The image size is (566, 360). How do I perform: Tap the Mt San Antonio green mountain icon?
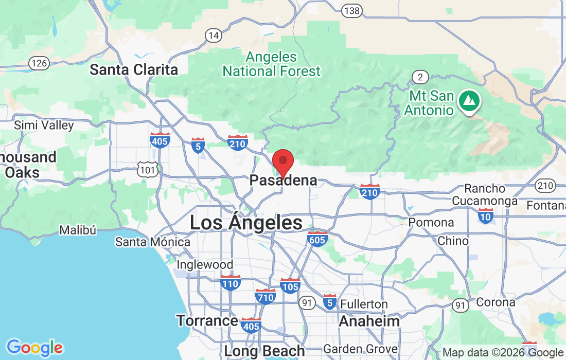pyautogui.click(x=469, y=100)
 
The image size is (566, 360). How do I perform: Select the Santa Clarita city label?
pyautogui.click(x=134, y=70)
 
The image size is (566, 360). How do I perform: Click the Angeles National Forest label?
pyautogui.click(x=272, y=64)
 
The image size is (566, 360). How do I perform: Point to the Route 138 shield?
pyautogui.click(x=352, y=10)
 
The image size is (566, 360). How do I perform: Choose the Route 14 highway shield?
pyautogui.click(x=213, y=35)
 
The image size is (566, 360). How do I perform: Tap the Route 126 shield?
pyautogui.click(x=39, y=63)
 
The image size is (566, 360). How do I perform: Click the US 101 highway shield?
pyautogui.click(x=147, y=169)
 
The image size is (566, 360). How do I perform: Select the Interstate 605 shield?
pyautogui.click(x=317, y=239)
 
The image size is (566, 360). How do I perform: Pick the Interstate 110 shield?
pyautogui.click(x=230, y=282)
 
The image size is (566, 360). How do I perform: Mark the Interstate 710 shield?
pyautogui.click(x=266, y=296)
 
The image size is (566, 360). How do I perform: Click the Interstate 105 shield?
pyautogui.click(x=291, y=285)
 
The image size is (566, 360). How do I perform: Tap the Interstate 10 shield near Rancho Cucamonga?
pyautogui.click(x=485, y=215)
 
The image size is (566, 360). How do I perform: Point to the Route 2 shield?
pyautogui.click(x=420, y=77)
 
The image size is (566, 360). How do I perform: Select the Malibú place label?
pyautogui.click(x=78, y=230)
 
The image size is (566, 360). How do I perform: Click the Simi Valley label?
pyautogui.click(x=44, y=125)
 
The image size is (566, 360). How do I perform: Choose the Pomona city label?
pyautogui.click(x=431, y=223)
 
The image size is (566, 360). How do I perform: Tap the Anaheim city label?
pyautogui.click(x=369, y=321)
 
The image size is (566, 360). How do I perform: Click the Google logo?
pyautogui.click(x=34, y=348)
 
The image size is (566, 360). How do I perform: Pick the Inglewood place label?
pyautogui.click(x=205, y=264)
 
